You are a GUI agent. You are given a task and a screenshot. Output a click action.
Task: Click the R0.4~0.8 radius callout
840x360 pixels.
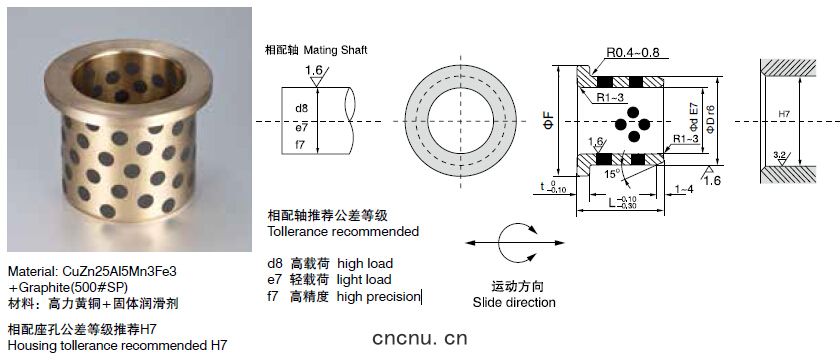633,52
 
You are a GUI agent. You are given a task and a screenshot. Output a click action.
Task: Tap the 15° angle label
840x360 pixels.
611,174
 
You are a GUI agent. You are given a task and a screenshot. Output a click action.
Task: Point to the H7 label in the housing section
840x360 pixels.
784,114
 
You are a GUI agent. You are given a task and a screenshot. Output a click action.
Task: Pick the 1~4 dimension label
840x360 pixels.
685,189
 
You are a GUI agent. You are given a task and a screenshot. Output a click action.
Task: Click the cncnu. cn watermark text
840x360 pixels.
419,338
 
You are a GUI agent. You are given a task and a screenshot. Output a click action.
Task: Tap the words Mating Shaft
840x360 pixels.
335,50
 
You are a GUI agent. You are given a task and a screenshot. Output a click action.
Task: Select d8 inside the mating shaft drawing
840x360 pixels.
302,108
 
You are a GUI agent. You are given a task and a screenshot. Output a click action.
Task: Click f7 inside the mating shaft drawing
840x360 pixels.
301,145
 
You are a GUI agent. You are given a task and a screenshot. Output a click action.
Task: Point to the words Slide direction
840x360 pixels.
514,303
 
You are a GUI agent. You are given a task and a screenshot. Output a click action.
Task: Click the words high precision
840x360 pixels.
379,297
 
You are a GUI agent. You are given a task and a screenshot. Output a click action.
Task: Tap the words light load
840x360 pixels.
364,280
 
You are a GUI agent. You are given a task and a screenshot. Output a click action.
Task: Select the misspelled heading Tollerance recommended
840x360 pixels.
343,232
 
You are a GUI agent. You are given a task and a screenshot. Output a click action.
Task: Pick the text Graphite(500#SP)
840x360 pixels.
71,287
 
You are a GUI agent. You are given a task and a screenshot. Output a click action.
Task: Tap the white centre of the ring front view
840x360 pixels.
460,121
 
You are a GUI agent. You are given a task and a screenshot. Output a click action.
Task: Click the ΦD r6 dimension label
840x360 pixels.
711,119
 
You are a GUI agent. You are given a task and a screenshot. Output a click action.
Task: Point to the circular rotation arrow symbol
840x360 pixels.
499,243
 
